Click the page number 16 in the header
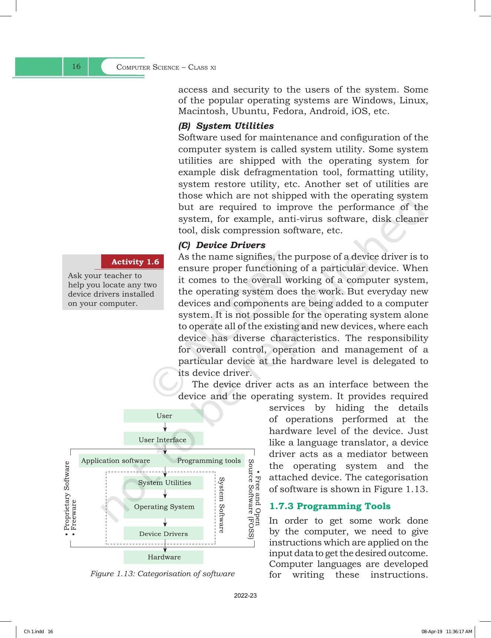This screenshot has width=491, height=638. tap(76, 67)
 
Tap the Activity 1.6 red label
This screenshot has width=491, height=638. tap(135, 262)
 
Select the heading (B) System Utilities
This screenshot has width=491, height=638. tap(226, 126)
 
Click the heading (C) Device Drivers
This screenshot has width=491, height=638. tap(222, 245)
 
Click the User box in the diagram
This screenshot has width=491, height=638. tap(163, 416)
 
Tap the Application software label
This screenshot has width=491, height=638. tap(116, 461)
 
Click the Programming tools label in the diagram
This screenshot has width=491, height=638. tap(209, 461)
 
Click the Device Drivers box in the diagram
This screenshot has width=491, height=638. tap(163, 534)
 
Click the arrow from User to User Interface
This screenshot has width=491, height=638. tap(165, 427)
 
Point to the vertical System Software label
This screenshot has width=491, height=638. tap(221, 505)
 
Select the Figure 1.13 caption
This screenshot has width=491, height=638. tap(163, 574)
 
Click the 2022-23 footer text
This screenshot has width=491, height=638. tap(245, 596)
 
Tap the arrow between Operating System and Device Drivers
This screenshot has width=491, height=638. tap(165, 522)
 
